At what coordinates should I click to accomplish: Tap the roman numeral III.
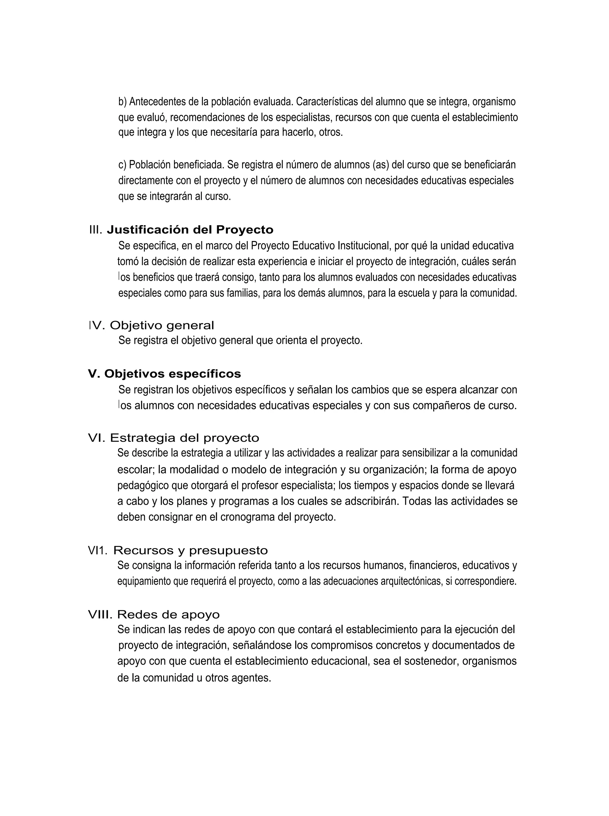(x=95, y=230)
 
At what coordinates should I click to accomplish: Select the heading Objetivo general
(x=162, y=326)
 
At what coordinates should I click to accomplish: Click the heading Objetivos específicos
(x=172, y=374)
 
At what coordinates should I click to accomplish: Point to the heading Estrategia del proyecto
(x=184, y=438)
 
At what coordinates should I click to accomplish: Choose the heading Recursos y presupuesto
(x=190, y=550)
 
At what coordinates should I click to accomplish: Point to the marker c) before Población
(x=123, y=165)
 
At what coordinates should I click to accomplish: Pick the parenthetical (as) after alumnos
(x=381, y=165)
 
